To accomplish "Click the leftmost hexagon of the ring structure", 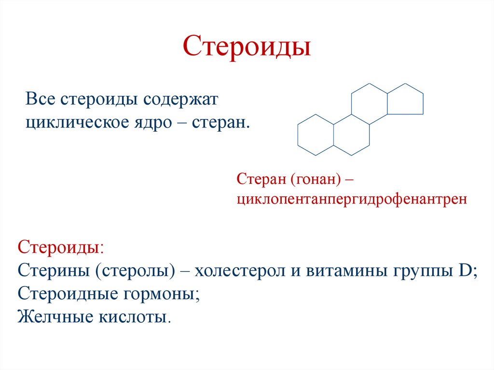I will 316,135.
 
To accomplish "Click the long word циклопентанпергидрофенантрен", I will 352,199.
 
